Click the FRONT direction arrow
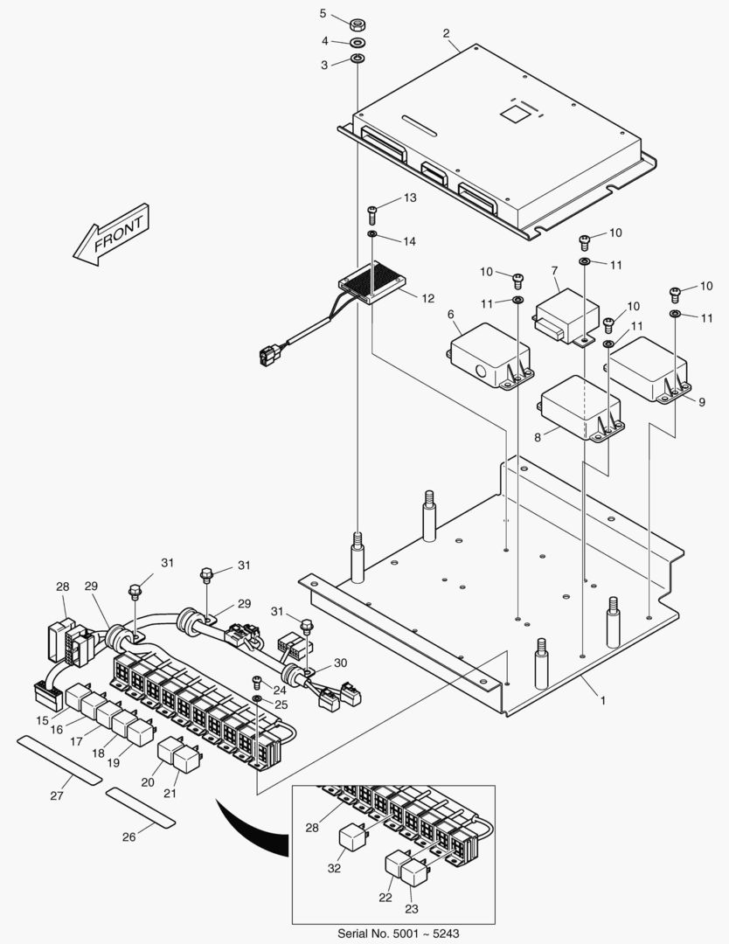113,233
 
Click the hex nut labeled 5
358,24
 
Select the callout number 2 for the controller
447,34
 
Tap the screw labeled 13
371,210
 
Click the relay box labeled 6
488,354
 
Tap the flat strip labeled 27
60,760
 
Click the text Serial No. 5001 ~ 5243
392,933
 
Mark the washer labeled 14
372,235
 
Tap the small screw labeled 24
257,681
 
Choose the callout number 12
427,298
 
